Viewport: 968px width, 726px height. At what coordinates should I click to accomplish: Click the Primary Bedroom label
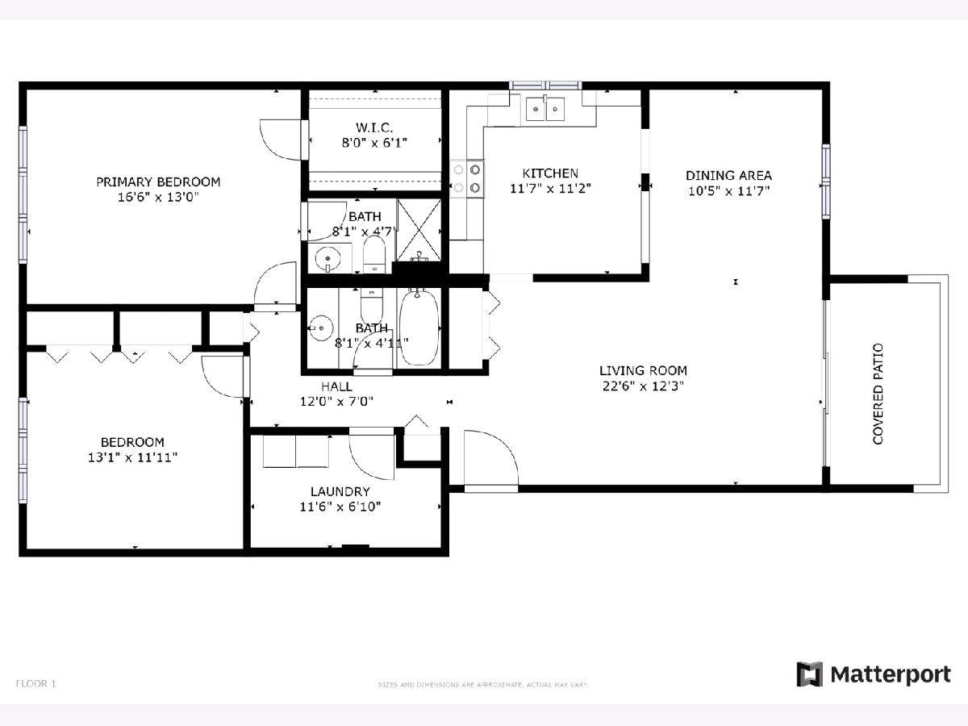point(158,182)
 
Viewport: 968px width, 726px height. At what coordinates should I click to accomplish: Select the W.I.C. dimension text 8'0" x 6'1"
point(374,143)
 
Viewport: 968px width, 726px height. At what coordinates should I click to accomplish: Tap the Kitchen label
point(550,173)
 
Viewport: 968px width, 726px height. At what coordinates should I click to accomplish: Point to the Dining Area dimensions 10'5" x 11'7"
point(729,191)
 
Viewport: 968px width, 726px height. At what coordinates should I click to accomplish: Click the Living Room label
point(643,371)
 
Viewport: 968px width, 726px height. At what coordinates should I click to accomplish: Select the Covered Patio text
point(878,394)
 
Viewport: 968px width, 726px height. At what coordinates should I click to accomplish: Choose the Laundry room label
point(340,491)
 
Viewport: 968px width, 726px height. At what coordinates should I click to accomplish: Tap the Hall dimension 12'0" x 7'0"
point(336,402)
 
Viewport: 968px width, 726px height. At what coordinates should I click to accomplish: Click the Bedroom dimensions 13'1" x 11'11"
point(132,457)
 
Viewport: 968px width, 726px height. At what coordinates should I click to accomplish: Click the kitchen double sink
point(545,108)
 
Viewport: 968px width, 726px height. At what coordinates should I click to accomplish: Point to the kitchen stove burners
point(466,178)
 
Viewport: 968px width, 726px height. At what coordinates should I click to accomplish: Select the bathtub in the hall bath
point(419,327)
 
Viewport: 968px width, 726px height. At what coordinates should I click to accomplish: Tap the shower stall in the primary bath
point(419,230)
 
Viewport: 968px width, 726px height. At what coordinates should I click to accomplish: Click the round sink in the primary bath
point(328,258)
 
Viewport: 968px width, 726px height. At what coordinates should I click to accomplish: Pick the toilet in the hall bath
point(372,305)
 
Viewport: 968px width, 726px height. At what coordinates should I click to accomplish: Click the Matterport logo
point(873,674)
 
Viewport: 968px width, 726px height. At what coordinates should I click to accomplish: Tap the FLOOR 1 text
point(35,684)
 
